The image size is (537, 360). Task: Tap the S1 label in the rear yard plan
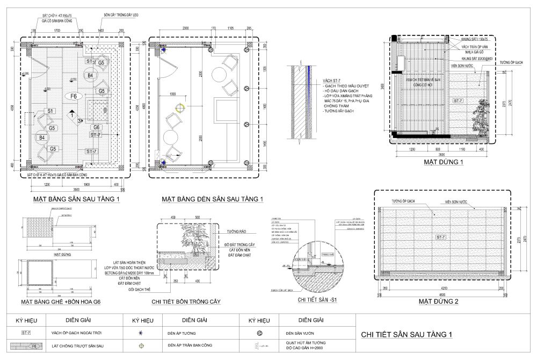(51, 111)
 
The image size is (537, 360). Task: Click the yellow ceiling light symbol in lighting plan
(180, 106)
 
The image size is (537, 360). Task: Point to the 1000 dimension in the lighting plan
(172, 94)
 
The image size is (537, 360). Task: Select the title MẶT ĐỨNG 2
(440, 301)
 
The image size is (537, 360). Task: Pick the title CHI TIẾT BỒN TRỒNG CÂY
(186, 302)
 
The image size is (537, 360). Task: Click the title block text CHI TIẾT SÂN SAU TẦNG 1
(407, 335)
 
